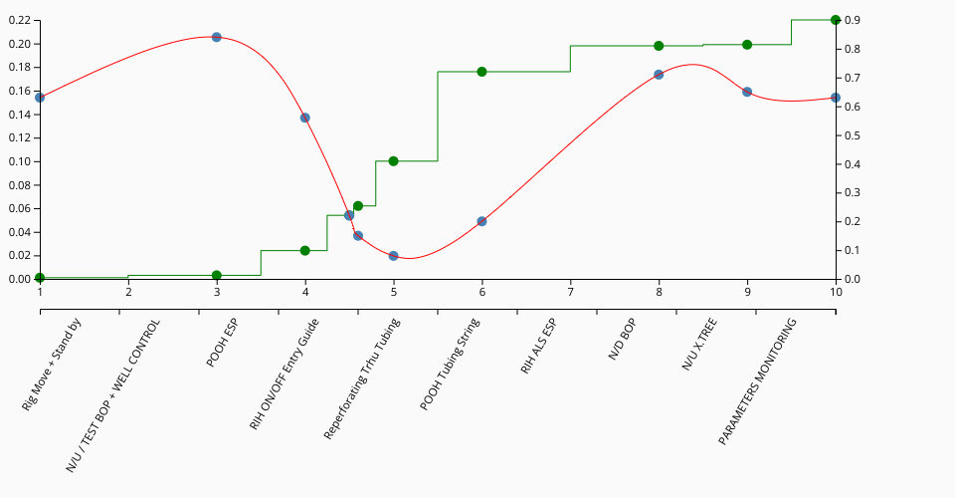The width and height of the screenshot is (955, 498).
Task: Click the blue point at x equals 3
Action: (x=217, y=37)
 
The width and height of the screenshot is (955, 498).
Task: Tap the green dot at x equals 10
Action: (x=836, y=20)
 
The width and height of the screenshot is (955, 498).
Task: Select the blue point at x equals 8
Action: (x=659, y=75)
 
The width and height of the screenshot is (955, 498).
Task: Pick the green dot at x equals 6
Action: (x=481, y=72)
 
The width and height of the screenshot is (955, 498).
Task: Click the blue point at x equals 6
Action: (x=481, y=221)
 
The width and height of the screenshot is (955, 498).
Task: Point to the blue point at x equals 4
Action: (x=305, y=118)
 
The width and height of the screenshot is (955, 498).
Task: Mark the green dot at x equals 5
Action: (x=393, y=161)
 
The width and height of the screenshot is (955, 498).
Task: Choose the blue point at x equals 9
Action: (x=747, y=92)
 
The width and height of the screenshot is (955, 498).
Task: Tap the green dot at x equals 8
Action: (x=659, y=46)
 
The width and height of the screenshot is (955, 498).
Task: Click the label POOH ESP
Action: (x=223, y=345)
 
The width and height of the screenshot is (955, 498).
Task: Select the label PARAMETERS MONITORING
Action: (x=758, y=368)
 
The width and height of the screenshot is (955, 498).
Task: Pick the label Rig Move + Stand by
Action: (x=52, y=366)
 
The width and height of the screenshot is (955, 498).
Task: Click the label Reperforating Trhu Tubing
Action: (x=362, y=379)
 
